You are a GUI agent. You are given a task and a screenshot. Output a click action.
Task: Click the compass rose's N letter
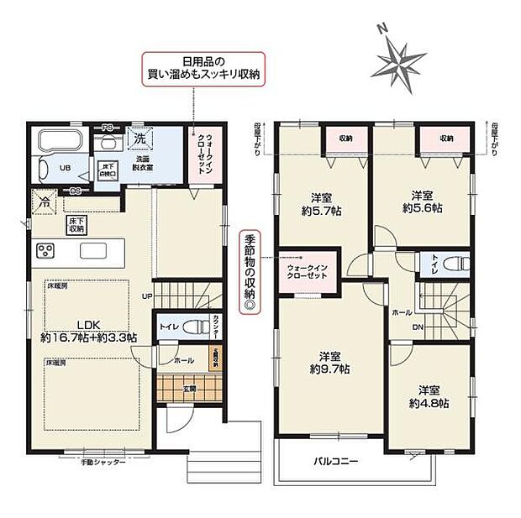pyautogui.click(x=382, y=29)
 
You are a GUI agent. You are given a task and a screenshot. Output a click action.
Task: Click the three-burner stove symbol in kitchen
pyautogui.click(x=45, y=251)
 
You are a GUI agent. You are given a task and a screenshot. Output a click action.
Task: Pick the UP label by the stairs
pyautogui.click(x=145, y=297)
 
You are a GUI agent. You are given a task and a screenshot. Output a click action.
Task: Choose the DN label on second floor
pyautogui.click(x=417, y=327)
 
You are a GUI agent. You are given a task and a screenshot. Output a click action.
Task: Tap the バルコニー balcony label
pyautogui.click(x=336, y=462)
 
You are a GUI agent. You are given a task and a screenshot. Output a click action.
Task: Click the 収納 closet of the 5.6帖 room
pyautogui.click(x=445, y=138)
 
